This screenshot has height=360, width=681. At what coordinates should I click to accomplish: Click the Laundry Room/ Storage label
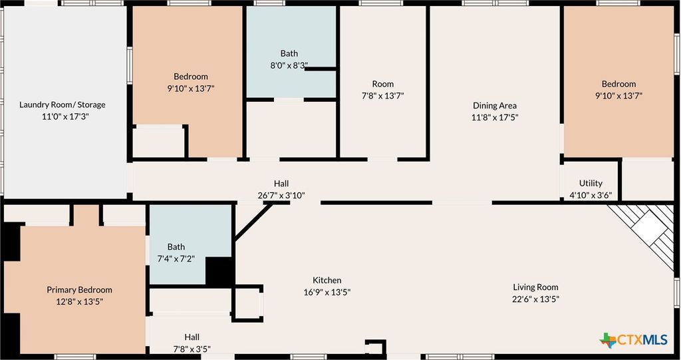62,104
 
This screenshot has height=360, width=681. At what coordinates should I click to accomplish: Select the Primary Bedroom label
79,289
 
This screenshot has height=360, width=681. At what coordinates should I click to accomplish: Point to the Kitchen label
327,280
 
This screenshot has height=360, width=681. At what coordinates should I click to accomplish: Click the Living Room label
535,287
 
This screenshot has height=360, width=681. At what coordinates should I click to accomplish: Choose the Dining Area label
495,105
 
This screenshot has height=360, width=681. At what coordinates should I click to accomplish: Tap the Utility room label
591,183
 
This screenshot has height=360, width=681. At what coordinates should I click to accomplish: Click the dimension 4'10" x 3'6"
591,195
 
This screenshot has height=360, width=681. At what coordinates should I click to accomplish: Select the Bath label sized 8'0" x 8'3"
289,53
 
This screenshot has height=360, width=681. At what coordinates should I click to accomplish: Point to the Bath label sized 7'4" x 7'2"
176,247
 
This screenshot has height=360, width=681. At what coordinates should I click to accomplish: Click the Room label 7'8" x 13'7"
382,84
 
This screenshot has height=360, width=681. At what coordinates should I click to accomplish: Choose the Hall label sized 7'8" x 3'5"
192,337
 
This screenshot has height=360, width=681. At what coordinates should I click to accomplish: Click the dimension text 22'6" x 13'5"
535,299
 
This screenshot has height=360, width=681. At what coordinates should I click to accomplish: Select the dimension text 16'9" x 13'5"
327,292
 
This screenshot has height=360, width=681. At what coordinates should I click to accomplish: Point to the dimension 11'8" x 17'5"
495,117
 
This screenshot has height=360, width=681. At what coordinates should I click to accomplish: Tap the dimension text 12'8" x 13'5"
79,301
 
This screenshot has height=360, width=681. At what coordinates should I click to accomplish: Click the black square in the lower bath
219,271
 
